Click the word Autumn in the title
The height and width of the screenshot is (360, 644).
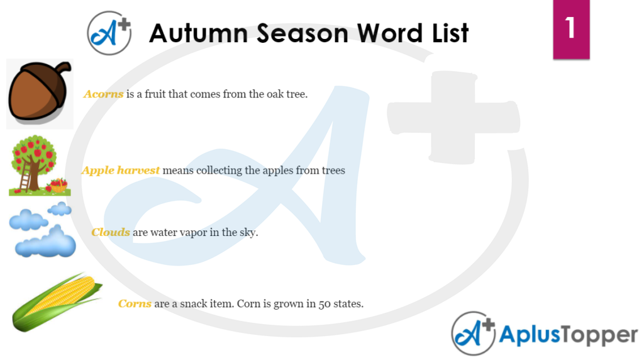click(199, 33)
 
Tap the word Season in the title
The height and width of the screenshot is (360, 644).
click(303, 33)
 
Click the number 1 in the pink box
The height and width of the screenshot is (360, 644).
click(570, 28)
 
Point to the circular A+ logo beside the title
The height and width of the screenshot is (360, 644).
click(109, 33)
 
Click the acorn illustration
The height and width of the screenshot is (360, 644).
click(39, 93)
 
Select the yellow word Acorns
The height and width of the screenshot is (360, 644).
click(104, 94)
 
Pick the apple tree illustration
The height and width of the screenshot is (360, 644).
click(40, 165)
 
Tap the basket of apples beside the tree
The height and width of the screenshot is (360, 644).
click(58, 186)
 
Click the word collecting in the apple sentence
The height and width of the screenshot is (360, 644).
click(219, 171)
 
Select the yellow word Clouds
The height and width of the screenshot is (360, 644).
click(111, 232)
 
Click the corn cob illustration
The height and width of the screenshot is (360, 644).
click(57, 302)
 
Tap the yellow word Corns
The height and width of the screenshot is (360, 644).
click(135, 304)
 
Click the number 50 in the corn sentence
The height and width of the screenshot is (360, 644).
click(325, 304)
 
